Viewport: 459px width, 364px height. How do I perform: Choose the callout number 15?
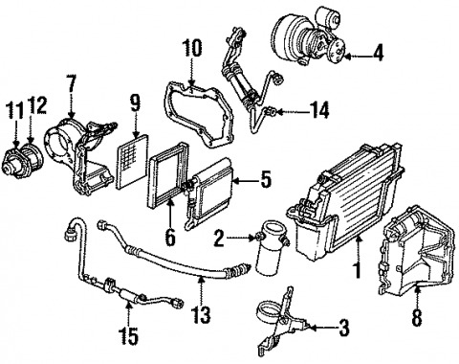[x=129, y=336]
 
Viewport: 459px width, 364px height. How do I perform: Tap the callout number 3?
[x=342, y=330]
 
